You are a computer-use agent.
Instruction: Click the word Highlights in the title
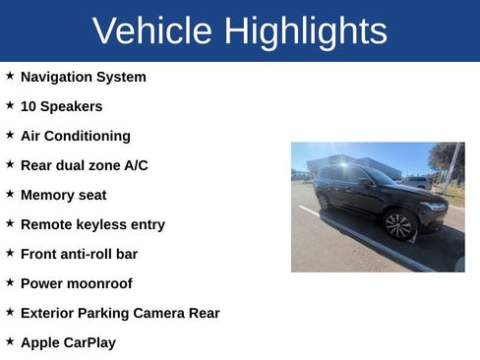(305, 31)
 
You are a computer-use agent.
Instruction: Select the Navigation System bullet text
(83, 77)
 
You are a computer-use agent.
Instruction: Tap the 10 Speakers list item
(61, 106)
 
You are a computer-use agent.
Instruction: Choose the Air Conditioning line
(75, 136)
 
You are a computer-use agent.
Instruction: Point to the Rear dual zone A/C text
(84, 165)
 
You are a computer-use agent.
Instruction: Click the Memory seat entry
(63, 195)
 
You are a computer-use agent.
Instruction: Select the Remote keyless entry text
(92, 224)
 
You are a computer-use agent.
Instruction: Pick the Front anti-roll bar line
(79, 254)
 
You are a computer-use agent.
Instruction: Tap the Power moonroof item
(76, 283)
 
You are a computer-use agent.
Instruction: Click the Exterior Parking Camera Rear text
(120, 313)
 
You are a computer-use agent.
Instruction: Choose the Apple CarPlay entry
(68, 342)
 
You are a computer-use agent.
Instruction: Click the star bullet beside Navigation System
(10, 76)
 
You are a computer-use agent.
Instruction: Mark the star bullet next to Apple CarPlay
(10, 341)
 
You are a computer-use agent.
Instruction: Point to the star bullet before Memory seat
(10, 194)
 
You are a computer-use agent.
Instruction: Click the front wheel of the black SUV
(398, 225)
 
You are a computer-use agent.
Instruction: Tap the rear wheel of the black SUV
(324, 201)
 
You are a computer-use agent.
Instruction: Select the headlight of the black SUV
(434, 208)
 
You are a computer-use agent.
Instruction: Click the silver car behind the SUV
(418, 182)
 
